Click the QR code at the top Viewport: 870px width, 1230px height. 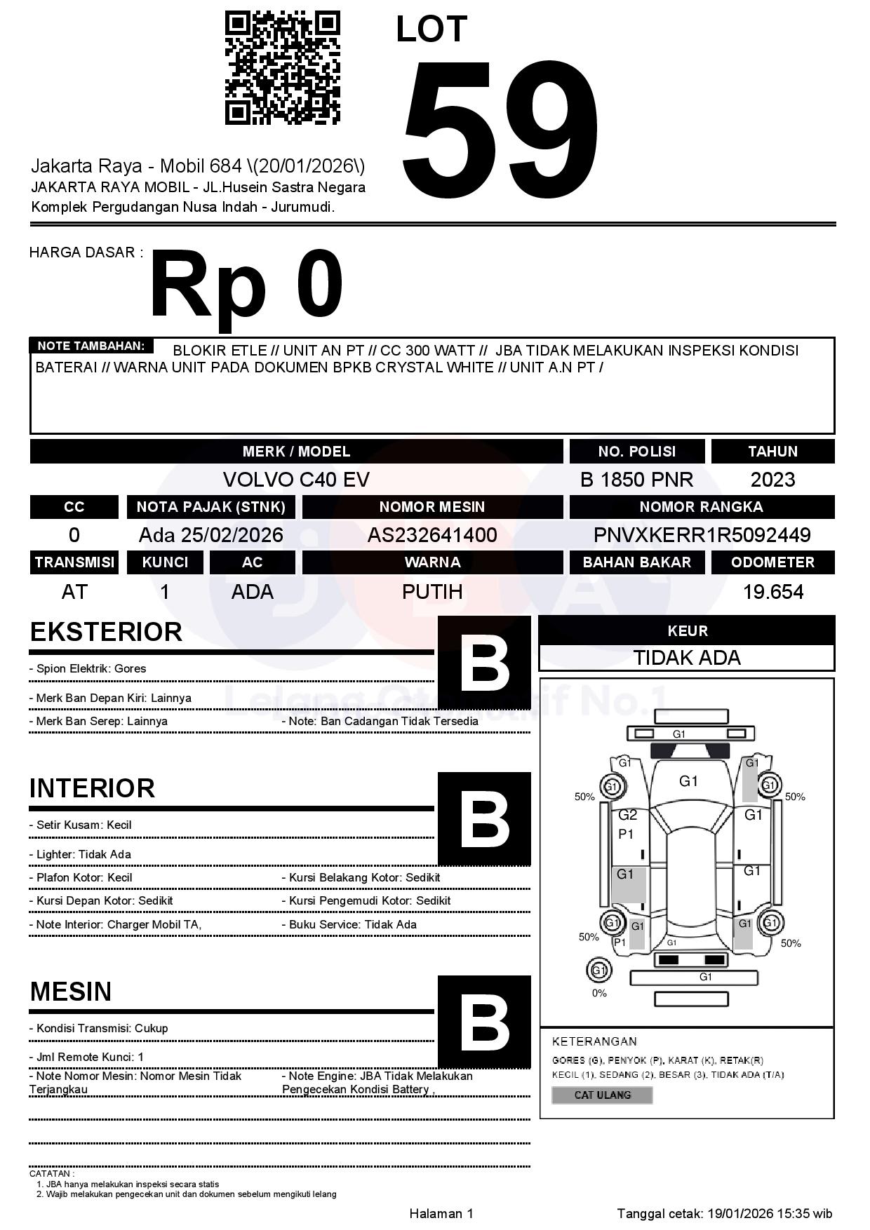point(282,67)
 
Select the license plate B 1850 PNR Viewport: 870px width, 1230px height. point(636,480)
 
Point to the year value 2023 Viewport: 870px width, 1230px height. point(772,480)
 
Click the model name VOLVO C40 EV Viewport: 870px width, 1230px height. point(296,480)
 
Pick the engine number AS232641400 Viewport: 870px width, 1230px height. point(432,535)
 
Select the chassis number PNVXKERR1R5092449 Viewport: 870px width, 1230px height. point(702,535)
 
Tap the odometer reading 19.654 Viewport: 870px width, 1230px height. point(772,592)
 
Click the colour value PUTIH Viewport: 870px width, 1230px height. point(432,592)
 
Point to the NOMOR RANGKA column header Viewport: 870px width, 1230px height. point(702,507)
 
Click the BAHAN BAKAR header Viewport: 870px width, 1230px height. point(636,562)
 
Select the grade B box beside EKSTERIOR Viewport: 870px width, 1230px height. point(484,663)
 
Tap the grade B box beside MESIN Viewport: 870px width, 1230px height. point(484,1022)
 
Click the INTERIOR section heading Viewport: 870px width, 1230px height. point(92,788)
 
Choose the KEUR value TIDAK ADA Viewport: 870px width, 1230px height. point(687,658)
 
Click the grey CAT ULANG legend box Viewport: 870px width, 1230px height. point(602,1095)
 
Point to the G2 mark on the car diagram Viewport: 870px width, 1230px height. point(627,815)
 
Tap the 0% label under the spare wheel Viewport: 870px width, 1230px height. point(599,993)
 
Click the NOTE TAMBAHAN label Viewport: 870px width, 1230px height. point(91,346)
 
